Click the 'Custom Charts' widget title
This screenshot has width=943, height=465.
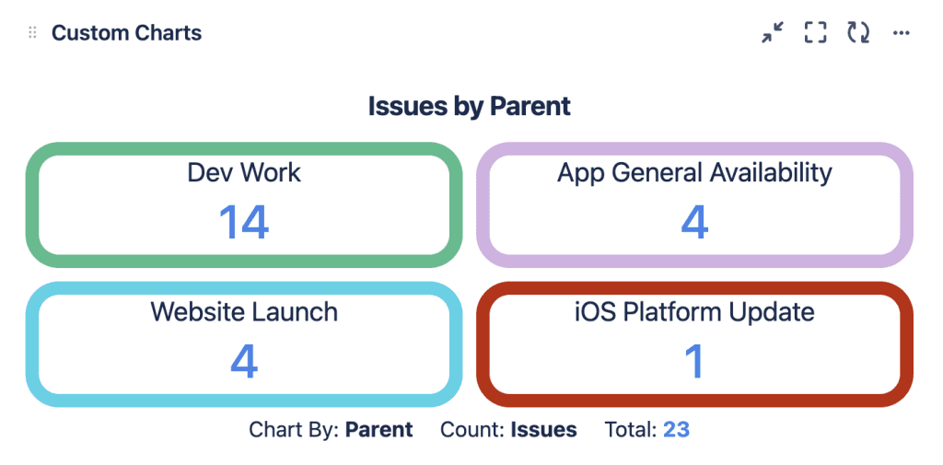coord(126,32)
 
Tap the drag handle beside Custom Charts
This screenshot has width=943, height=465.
coord(32,32)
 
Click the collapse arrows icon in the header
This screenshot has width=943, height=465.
coord(773,32)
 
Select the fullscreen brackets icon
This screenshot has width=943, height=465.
coord(816,32)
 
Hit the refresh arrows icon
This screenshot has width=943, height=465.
coord(858,32)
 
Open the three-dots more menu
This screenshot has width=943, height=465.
coord(901,33)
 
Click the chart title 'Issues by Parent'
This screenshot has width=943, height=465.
coord(469,107)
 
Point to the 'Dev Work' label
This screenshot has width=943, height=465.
coord(244,172)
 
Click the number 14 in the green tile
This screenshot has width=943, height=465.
coord(243,222)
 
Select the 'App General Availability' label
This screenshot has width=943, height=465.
coord(694,173)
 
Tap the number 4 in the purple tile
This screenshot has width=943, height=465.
coord(694,222)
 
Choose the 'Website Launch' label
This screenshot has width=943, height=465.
coord(244,311)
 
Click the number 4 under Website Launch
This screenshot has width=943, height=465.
coord(244,362)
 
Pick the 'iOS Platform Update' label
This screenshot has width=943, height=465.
coord(694,312)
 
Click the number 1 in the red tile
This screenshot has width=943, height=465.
coord(694,362)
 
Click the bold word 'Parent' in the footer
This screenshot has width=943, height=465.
coord(378,429)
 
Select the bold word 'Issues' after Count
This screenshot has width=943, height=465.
coord(543,429)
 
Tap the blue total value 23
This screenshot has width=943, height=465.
coord(676,429)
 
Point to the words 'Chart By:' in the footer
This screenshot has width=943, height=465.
coord(295,429)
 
